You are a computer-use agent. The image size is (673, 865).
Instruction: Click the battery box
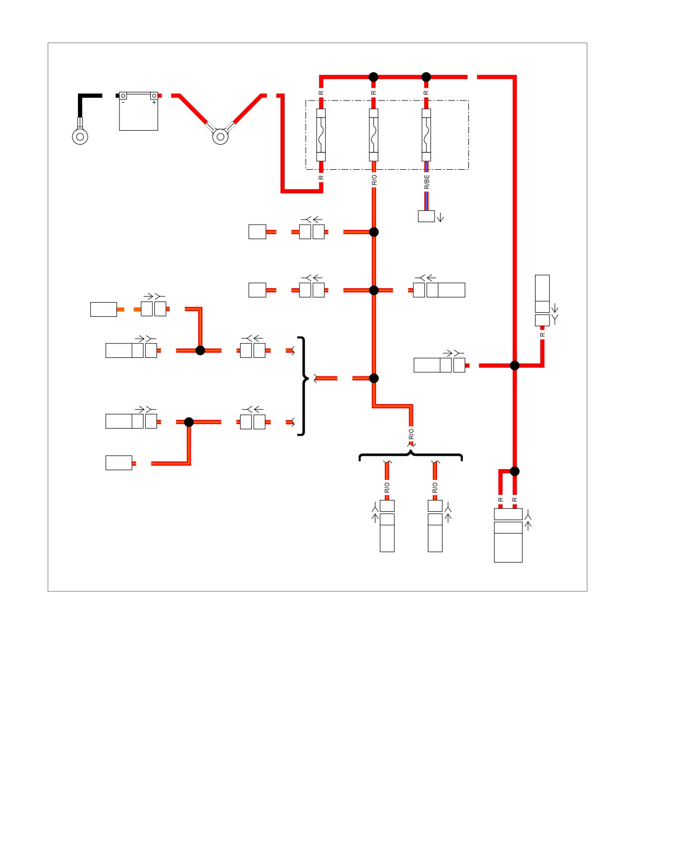click(x=138, y=111)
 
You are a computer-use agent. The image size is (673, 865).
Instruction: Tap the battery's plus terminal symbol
click(x=154, y=102)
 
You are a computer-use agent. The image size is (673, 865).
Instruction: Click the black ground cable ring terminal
click(x=80, y=136)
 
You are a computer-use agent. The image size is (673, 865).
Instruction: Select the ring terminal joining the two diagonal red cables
click(x=221, y=136)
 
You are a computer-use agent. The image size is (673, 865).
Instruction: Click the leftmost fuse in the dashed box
click(x=321, y=135)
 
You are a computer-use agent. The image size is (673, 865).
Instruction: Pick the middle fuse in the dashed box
click(x=374, y=135)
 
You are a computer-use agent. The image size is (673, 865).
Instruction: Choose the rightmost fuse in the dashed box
click(x=426, y=135)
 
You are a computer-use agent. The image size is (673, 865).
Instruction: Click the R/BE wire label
click(x=427, y=182)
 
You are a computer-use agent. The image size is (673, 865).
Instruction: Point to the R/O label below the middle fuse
click(x=374, y=180)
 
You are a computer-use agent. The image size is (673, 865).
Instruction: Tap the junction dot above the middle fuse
click(x=373, y=77)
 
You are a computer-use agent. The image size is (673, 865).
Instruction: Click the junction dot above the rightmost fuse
click(x=426, y=77)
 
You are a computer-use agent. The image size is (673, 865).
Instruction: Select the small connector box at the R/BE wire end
click(x=426, y=216)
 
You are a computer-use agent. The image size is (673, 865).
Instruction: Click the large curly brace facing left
click(x=304, y=386)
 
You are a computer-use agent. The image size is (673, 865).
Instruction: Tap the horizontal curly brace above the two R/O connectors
click(x=410, y=456)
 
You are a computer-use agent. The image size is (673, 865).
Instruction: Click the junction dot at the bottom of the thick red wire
click(x=514, y=471)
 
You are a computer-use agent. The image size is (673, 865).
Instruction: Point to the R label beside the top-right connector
click(x=542, y=335)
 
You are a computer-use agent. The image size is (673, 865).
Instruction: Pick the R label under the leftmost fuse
click(x=321, y=177)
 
